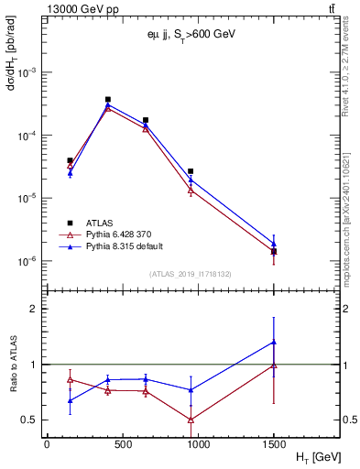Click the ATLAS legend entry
[x=101, y=223]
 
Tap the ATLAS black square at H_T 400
[x=107, y=99]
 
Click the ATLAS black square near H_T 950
[x=191, y=171]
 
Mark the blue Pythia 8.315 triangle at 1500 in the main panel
[x=273, y=244]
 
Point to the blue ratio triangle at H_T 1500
[x=273, y=343]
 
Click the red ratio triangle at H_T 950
[x=191, y=420]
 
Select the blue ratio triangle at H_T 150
[x=70, y=400]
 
